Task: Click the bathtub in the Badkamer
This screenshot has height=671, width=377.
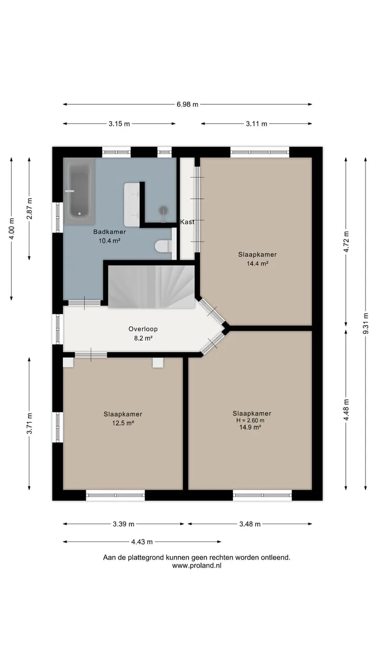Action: [79, 192]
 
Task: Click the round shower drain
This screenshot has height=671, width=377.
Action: [163, 210]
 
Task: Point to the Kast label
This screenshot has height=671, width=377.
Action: [187, 222]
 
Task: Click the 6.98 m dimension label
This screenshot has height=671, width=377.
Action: [187, 104]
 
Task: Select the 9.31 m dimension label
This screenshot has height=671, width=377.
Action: [365, 323]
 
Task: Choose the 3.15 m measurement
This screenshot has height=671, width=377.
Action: [119, 124]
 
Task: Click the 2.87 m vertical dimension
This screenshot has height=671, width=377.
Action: [29, 209]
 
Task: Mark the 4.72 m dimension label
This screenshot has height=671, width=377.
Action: [346, 242]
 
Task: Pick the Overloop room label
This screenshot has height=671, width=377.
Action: [143, 329]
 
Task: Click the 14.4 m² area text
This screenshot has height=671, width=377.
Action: [257, 264]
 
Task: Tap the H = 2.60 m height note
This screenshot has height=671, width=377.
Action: [250, 420]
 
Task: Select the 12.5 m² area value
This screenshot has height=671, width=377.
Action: [123, 423]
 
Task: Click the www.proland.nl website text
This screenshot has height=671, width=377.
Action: [196, 566]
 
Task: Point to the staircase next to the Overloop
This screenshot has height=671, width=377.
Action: [151, 286]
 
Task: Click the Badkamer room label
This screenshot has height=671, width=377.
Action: [109, 232]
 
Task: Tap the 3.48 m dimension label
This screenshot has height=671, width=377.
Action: [250, 524]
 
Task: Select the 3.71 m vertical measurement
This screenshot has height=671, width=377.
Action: [29, 423]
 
